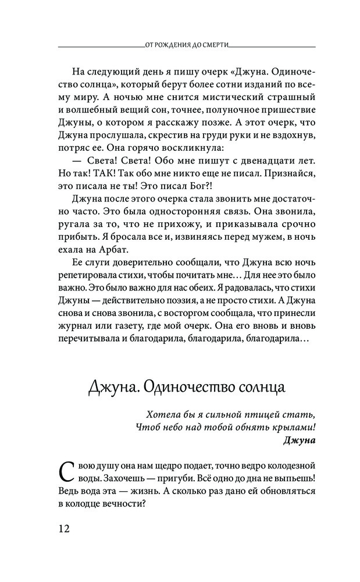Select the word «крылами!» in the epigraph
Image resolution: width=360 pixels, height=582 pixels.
pyautogui.click(x=293, y=427)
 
